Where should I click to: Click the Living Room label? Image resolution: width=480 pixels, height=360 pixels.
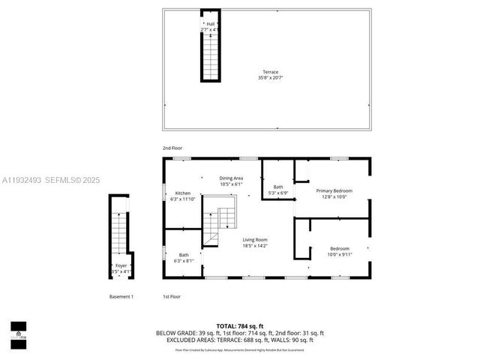[x=256, y=242]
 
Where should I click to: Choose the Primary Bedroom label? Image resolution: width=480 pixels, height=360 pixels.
[x=333, y=193]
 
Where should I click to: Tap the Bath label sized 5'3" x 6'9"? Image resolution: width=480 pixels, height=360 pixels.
[x=278, y=190]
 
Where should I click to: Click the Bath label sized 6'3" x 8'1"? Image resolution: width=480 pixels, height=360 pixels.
[x=184, y=258]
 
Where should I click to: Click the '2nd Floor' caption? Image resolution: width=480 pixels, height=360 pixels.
[x=172, y=148]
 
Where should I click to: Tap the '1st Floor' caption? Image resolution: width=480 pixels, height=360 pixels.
[x=172, y=297]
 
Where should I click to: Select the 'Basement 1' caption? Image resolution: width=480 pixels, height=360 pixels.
[x=121, y=297]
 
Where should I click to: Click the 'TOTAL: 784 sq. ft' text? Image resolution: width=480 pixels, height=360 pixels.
[x=240, y=326]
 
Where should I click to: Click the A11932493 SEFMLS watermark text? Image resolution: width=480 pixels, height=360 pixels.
[x=50, y=181]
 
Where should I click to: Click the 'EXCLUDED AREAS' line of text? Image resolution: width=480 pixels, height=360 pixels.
[x=240, y=340]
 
